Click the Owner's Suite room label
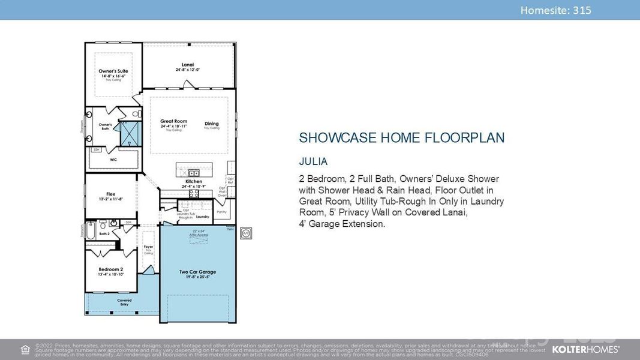point(113,71)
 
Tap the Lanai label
point(187,65)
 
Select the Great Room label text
point(173,122)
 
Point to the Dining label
point(211,124)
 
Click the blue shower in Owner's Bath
point(129,133)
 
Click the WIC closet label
point(113,160)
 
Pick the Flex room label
point(110,194)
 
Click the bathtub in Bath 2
point(91,232)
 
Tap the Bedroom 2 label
point(110,269)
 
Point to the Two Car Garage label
point(197,272)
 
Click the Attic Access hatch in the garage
point(198,238)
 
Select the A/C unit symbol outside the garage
point(245,232)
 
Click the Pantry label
point(221,211)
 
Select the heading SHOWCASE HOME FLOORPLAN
point(401,138)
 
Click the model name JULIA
point(314,162)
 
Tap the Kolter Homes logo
point(585,349)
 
